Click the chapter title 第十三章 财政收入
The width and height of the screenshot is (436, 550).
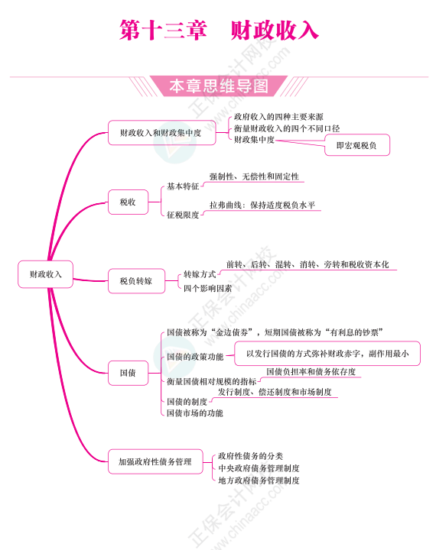click(x=219, y=30)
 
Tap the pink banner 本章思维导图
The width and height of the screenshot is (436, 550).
click(x=219, y=86)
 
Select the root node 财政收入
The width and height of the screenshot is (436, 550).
click(x=45, y=274)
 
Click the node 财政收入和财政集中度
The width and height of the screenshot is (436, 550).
click(x=161, y=133)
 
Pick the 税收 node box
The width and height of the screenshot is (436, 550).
click(x=128, y=202)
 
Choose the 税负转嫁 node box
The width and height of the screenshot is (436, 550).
click(x=136, y=281)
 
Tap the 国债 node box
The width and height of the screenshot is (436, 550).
click(x=128, y=373)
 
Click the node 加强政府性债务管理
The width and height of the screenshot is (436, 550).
click(x=155, y=461)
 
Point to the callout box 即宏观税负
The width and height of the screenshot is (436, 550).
click(x=357, y=145)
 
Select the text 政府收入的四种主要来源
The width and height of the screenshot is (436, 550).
click(x=278, y=116)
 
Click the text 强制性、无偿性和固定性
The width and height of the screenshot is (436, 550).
click(x=254, y=176)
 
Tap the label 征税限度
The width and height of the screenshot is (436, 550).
click(x=183, y=215)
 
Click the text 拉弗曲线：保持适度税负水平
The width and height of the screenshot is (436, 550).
click(x=262, y=205)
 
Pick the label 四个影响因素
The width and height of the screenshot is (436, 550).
click(x=207, y=288)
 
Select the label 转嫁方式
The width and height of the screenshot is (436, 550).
click(x=200, y=274)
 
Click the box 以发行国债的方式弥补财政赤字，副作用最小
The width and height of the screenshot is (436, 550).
click(x=327, y=354)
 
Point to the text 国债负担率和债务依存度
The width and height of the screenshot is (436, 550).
click(x=311, y=371)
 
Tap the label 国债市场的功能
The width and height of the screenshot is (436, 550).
click(x=195, y=412)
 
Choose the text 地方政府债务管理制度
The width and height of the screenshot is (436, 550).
click(x=259, y=480)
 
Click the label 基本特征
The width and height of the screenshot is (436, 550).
click(x=183, y=186)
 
